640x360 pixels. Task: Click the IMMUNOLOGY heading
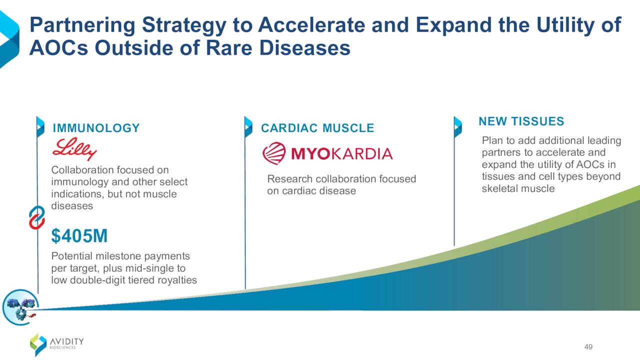click(x=96, y=128)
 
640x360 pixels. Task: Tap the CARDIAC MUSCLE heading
click(x=317, y=128)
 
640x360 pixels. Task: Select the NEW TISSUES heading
click(x=521, y=121)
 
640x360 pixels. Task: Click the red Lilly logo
click(x=74, y=149)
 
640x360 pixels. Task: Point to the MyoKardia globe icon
click(x=274, y=153)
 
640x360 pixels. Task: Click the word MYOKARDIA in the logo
click(x=342, y=153)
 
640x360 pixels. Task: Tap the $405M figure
click(x=79, y=235)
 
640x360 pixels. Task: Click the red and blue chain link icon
click(x=37, y=217)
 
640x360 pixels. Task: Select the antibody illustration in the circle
click(x=20, y=307)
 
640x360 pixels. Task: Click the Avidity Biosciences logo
click(x=57, y=345)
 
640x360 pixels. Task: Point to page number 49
click(x=588, y=347)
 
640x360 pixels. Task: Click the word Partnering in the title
click(x=82, y=25)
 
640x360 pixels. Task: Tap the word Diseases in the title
click(x=305, y=47)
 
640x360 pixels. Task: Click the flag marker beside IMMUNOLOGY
click(x=40, y=127)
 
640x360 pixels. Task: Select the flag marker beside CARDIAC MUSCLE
click(x=248, y=127)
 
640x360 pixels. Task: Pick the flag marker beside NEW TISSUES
click(x=457, y=127)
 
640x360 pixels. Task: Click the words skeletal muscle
click(x=518, y=188)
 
